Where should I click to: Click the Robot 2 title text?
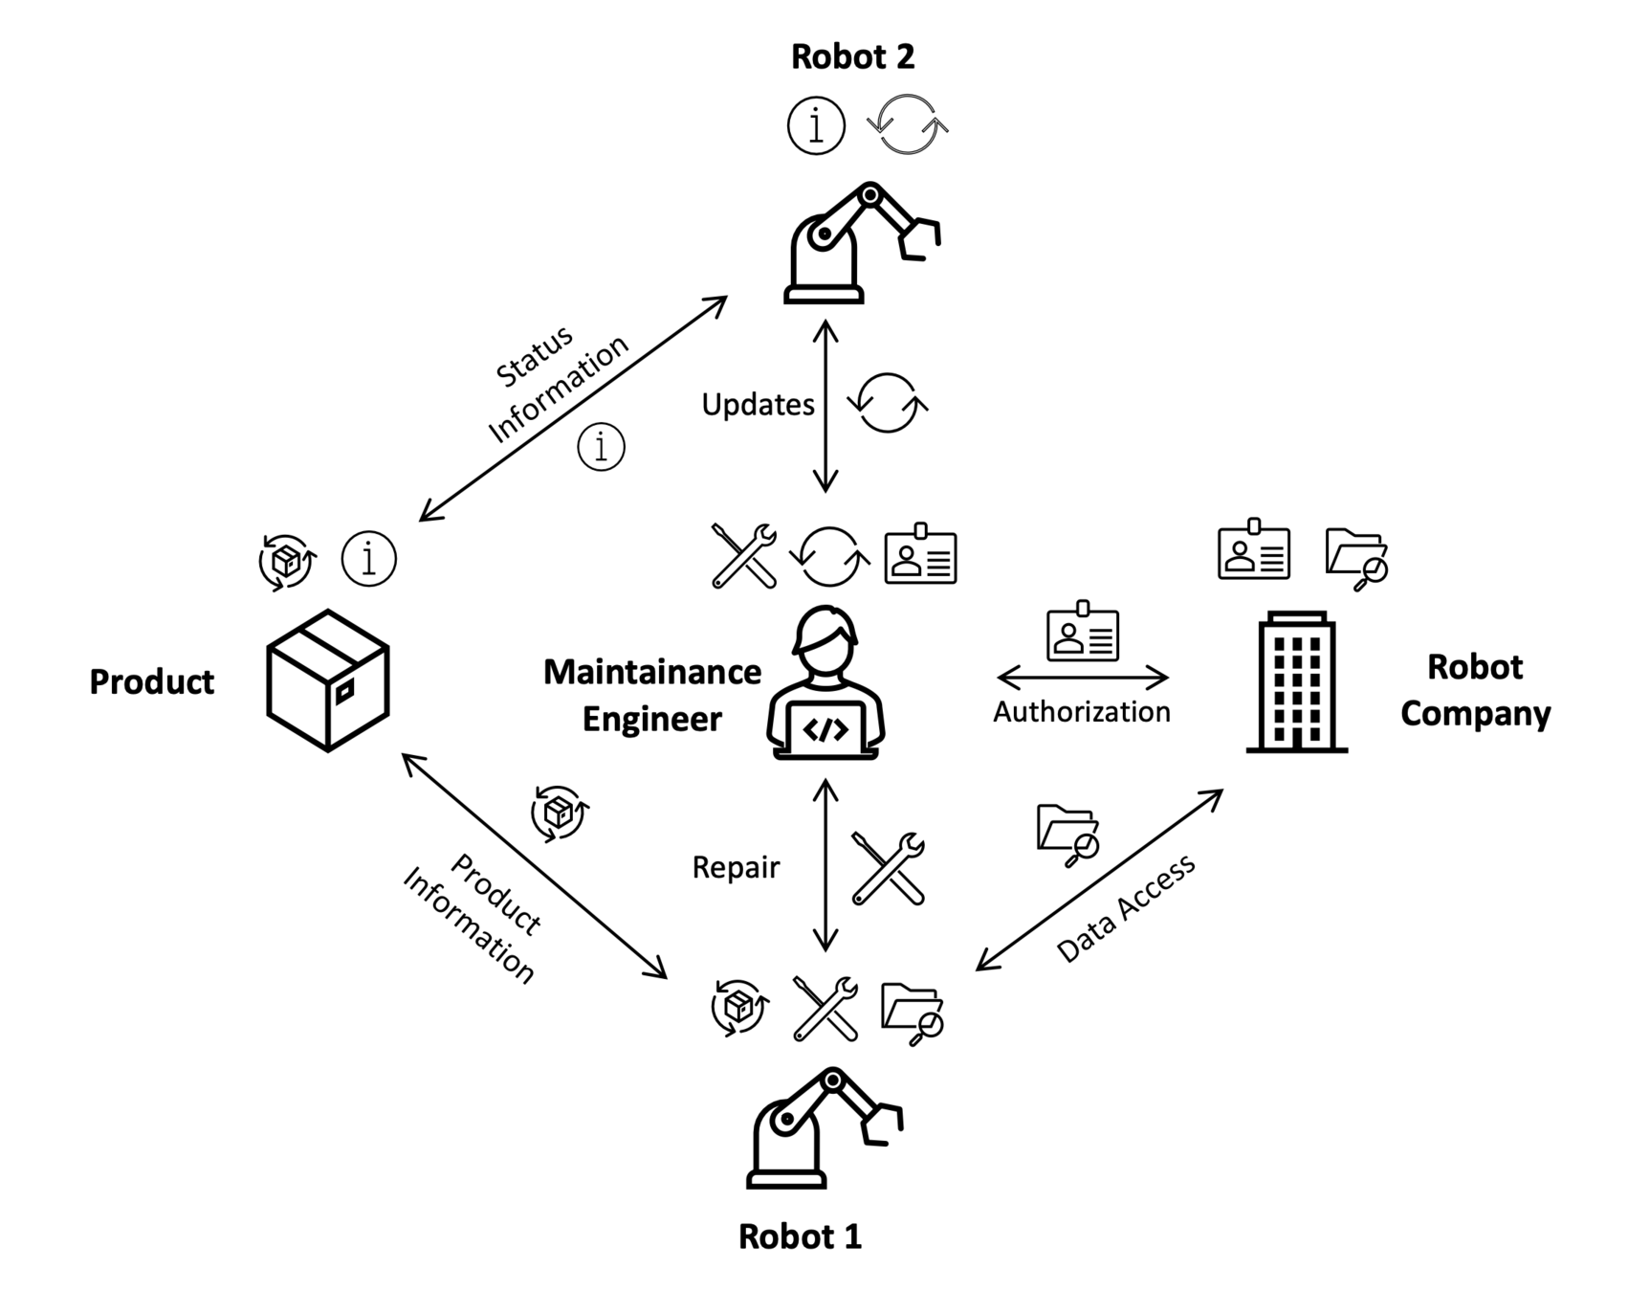click(852, 56)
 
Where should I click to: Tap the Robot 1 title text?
click(800, 1236)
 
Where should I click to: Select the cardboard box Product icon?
click(328, 680)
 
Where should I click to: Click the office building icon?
click(1296, 682)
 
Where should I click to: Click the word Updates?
click(758, 405)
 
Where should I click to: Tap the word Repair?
click(736, 867)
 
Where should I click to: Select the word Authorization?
click(1081, 712)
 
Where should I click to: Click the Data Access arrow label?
click(1126, 907)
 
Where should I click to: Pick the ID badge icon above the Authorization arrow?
click(1083, 632)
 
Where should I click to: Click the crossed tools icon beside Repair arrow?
click(889, 868)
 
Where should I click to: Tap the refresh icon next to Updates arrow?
click(888, 403)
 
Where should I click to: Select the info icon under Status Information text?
click(602, 447)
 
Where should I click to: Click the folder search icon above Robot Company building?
click(1356, 558)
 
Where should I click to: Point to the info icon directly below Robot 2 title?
click(816, 125)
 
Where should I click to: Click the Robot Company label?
click(1475, 689)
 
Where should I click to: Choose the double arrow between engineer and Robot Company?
click(1082, 678)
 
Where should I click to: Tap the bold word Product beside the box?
click(152, 681)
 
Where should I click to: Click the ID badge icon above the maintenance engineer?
click(920, 555)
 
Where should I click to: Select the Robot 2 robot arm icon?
click(861, 243)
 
